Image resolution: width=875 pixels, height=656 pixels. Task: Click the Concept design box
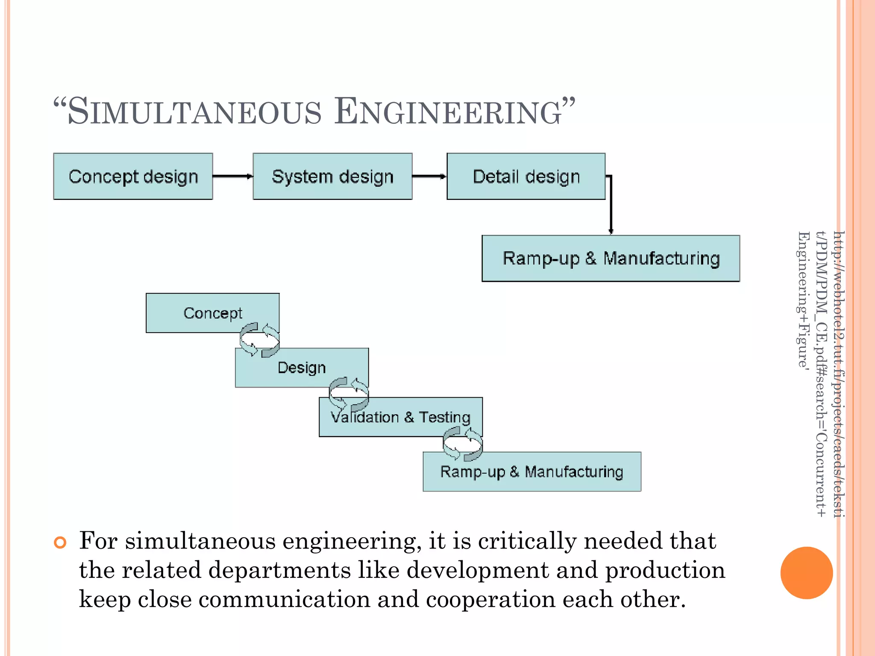pos(133,176)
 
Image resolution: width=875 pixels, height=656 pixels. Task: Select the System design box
pos(332,176)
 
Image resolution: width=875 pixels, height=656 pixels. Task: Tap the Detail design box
pos(526,176)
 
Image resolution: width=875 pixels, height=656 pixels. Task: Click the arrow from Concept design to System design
pos(232,176)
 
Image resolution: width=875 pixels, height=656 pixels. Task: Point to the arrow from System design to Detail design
pos(429,176)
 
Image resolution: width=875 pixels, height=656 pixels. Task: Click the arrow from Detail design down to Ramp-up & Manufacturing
pos(611,205)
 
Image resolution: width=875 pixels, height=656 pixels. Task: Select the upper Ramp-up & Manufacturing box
pos(611,258)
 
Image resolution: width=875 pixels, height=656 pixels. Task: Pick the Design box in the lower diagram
pos(302,368)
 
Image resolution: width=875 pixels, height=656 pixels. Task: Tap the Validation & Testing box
pos(401,417)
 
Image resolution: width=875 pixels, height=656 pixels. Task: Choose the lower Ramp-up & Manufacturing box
pos(531,472)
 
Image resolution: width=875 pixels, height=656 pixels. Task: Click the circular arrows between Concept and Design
pos(259,340)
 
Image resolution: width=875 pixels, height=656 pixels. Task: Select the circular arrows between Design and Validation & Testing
pos(349,394)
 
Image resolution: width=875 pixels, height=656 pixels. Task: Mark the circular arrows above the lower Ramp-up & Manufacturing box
pos(462,445)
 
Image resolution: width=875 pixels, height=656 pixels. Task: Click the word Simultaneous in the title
pos(194,112)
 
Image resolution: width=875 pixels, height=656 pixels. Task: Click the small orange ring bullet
pos(60,543)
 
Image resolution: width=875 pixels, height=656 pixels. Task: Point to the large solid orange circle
pos(806,573)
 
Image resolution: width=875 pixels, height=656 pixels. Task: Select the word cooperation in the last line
pos(490,599)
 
